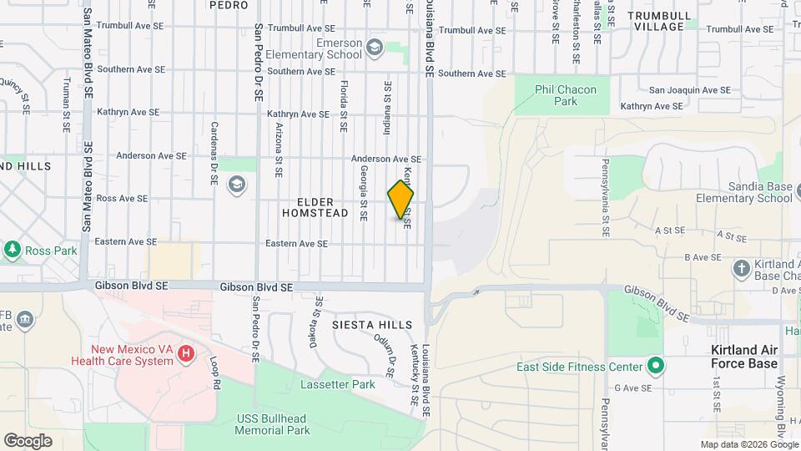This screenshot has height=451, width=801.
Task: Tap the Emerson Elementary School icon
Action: (x=373, y=47)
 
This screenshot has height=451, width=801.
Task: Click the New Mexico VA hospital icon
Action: (x=186, y=355)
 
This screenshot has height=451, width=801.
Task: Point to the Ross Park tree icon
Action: (x=13, y=250)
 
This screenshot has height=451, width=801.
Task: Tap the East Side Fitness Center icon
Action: (x=656, y=366)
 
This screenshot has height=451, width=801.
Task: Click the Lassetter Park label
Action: (x=337, y=385)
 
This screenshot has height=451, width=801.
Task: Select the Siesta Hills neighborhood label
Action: (x=372, y=324)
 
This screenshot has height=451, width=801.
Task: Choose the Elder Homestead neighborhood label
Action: (x=315, y=208)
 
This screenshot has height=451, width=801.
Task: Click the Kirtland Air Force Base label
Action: (x=743, y=357)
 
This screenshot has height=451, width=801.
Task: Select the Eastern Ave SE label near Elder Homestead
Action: (x=296, y=244)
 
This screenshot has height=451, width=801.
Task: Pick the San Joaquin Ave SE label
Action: (x=689, y=90)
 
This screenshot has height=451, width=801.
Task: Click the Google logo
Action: (x=28, y=440)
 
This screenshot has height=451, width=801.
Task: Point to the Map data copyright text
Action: (x=748, y=444)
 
